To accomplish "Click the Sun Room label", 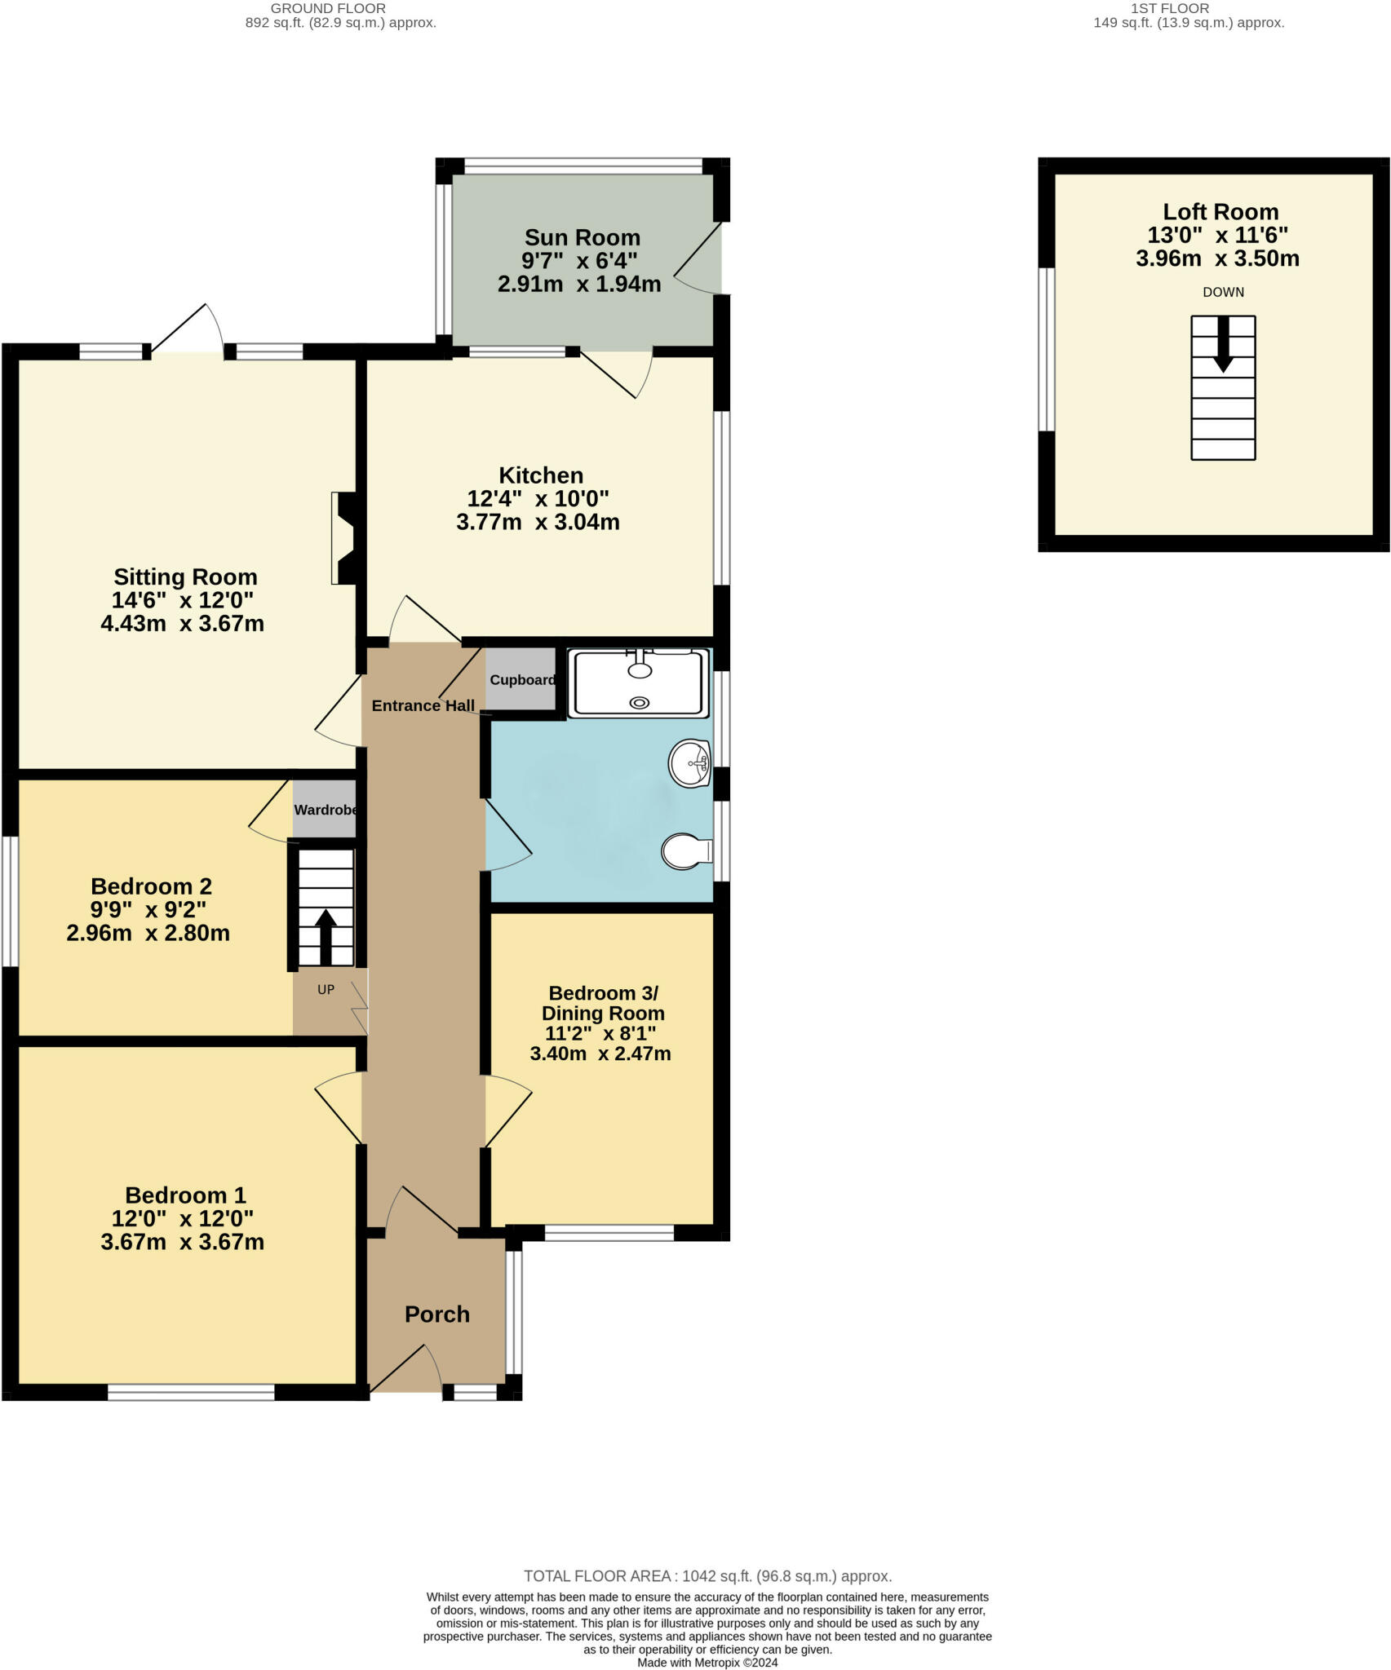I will click(582, 237).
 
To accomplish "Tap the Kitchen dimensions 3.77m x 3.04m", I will click(538, 522).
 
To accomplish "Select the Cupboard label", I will click(522, 680).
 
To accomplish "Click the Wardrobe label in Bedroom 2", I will click(326, 810).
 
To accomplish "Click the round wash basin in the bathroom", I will click(690, 763).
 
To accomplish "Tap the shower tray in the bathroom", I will click(639, 683).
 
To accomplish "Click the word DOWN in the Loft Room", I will click(1223, 292).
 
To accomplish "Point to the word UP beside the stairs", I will click(326, 990).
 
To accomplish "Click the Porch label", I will click(437, 1314).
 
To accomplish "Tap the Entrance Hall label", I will click(423, 706).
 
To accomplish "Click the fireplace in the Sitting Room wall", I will click(343, 538).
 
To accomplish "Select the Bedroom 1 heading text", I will click(185, 1195).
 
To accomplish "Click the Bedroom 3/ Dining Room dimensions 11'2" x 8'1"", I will click(600, 1034).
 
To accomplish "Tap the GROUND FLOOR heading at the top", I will click(328, 8).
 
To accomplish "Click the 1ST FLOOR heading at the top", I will click(1170, 8).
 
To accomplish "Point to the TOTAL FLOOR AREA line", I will click(707, 1576).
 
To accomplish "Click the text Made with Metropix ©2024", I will click(707, 1663).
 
